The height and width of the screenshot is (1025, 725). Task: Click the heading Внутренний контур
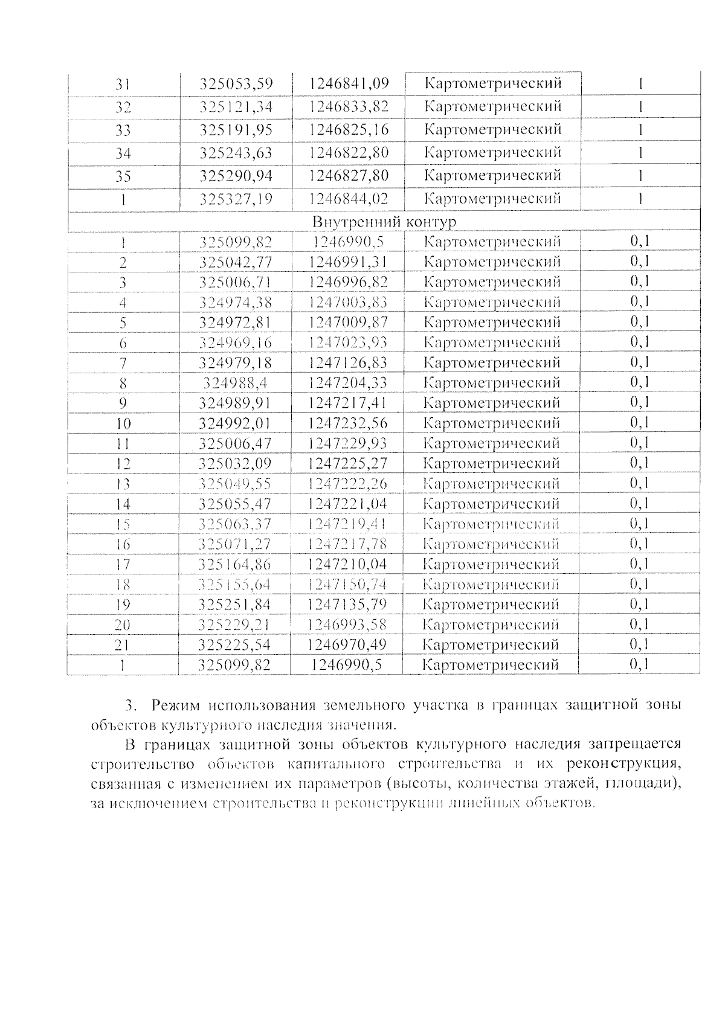tap(384, 222)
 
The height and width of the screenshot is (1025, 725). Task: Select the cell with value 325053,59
tap(236, 83)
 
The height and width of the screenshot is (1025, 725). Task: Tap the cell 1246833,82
tap(349, 106)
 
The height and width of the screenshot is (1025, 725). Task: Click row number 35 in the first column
tap(123, 176)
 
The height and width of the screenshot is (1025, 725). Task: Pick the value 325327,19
tap(236, 199)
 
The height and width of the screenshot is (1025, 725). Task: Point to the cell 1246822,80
tap(349, 152)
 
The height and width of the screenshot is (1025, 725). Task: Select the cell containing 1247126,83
tap(347, 362)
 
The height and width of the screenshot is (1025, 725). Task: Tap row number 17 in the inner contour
tap(123, 565)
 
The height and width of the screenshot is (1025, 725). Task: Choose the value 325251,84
tap(235, 605)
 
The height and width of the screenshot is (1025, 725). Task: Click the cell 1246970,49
tap(347, 644)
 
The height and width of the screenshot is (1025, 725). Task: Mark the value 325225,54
tap(235, 644)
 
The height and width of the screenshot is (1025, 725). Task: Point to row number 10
tap(123, 423)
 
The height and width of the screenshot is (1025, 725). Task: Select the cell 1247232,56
tap(347, 423)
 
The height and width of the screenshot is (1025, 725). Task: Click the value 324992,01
tap(236, 423)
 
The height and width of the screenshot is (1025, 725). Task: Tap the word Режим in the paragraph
tap(175, 705)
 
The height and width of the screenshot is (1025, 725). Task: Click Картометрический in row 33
tap(493, 129)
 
